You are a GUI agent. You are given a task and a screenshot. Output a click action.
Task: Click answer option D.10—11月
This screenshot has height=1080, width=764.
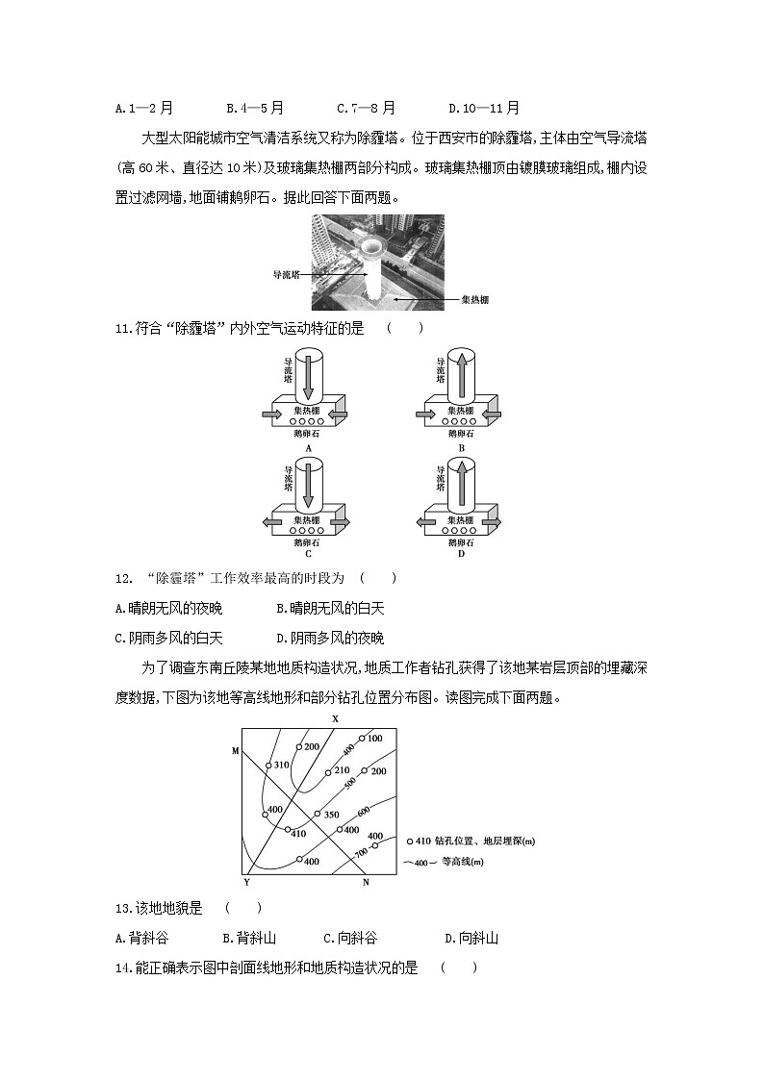coord(484,109)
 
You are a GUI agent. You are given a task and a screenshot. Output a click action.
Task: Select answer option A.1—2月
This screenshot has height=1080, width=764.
coord(143,109)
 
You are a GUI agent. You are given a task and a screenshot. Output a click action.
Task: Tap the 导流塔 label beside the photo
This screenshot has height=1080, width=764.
coord(286,274)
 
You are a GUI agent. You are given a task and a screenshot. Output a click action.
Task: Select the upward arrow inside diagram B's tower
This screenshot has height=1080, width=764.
coord(463,378)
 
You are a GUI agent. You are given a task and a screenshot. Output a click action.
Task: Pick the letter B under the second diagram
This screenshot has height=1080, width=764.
coord(462,449)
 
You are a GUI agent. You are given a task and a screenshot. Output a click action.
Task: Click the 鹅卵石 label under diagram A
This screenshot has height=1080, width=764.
coord(308,435)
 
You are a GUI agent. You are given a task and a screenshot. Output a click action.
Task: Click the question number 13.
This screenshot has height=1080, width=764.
coord(122,908)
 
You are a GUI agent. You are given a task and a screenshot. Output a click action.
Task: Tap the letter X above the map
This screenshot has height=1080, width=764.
coord(336,718)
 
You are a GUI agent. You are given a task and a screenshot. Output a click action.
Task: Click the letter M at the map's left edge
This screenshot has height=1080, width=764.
coord(235,750)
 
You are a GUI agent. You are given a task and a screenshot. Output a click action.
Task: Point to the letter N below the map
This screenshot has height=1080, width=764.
coord(365,881)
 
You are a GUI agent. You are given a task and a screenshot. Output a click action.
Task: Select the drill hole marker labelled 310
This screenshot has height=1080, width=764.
coord(269,766)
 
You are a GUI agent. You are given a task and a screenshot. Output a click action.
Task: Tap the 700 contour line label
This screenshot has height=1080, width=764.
coord(360,851)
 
